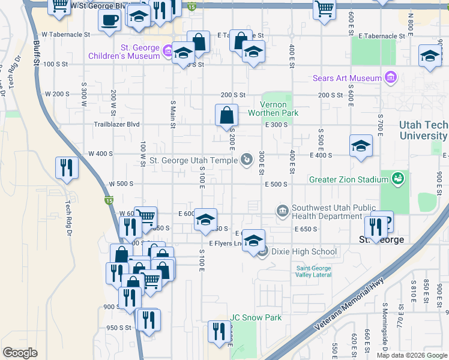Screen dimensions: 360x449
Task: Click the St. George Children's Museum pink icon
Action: click(x=168, y=50)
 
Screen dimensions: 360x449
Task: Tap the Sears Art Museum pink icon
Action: click(x=391, y=78)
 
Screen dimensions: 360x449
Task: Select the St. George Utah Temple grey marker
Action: click(x=247, y=160)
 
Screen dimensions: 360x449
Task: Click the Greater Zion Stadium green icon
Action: click(x=397, y=179)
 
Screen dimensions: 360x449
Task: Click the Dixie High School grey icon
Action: click(x=262, y=252)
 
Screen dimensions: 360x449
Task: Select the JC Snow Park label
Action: click(x=256, y=317)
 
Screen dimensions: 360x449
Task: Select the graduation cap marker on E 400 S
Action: click(x=360, y=146)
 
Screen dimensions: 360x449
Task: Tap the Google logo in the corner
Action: click(x=20, y=353)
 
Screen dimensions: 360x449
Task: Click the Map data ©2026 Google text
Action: click(x=411, y=355)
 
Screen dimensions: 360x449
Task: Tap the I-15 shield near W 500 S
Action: click(x=109, y=200)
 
